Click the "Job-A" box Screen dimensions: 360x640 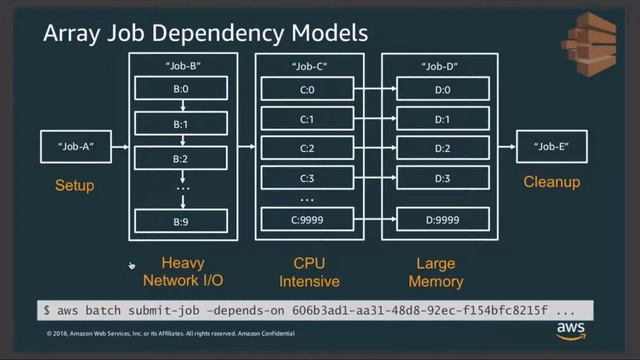coord(76,147)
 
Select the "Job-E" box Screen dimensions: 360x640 coord(551,147)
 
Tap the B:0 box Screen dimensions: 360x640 coord(181,90)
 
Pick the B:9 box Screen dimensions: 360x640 coord(181,219)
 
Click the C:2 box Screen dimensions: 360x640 coord(307,149)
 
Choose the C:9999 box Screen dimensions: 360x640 coord(307,219)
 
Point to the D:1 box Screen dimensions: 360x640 coord(442,120)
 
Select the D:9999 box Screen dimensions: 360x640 coord(442,219)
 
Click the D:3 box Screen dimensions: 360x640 coord(442,179)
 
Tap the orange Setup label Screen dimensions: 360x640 coord(75,185)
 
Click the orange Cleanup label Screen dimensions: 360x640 coord(551,183)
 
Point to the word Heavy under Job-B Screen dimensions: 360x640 coord(183,264)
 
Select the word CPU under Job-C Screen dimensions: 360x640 coord(310,264)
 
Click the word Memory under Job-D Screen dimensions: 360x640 coord(436,282)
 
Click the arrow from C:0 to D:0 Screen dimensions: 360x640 coord(374,90)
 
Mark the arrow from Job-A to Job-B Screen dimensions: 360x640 coord(120,147)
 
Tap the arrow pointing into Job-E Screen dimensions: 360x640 coord(504,147)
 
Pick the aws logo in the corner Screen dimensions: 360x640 coord(571,330)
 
